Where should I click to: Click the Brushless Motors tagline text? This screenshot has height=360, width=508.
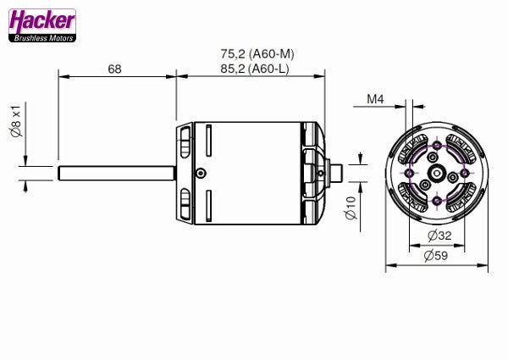coord(41,37)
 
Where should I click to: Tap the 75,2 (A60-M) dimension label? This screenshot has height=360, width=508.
coord(251,53)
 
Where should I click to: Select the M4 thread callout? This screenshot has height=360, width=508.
coord(376,99)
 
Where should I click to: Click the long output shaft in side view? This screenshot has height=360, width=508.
coord(117,173)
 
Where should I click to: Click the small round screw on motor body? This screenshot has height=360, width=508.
coord(200,173)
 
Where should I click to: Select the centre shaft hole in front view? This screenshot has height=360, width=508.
coord(437,173)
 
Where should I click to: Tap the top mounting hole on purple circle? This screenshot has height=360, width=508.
coord(437,146)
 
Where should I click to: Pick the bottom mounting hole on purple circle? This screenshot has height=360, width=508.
coord(437,200)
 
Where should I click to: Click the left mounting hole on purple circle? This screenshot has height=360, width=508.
coord(410,173)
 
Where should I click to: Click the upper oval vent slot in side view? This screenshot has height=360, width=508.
coord(185,141)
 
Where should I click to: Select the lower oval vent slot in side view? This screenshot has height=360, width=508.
coord(185,203)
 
